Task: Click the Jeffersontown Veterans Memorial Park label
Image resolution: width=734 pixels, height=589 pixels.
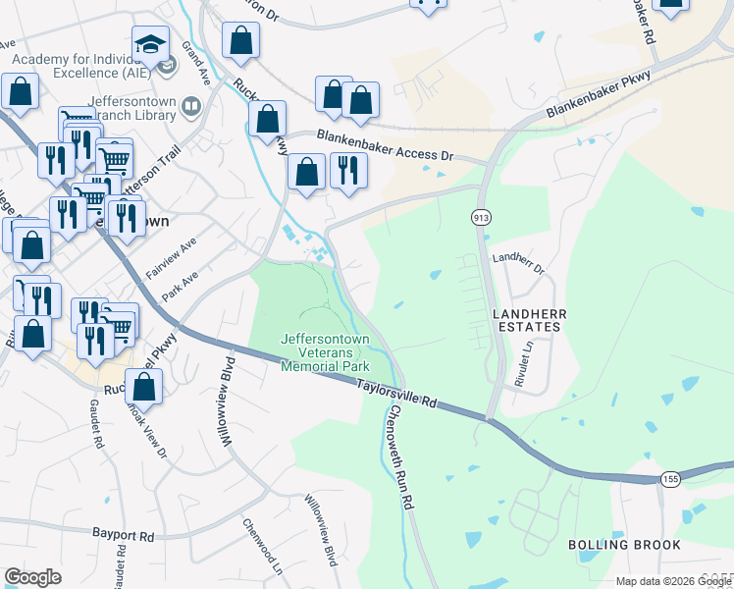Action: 325,352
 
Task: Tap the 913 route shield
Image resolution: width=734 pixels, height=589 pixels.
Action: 481,216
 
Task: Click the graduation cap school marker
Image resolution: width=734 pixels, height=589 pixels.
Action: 151,45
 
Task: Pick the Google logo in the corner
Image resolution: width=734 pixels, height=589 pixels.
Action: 32,577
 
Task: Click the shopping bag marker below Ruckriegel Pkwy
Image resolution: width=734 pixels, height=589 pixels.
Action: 144,389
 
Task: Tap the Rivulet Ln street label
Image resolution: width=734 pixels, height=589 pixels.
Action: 526,362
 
